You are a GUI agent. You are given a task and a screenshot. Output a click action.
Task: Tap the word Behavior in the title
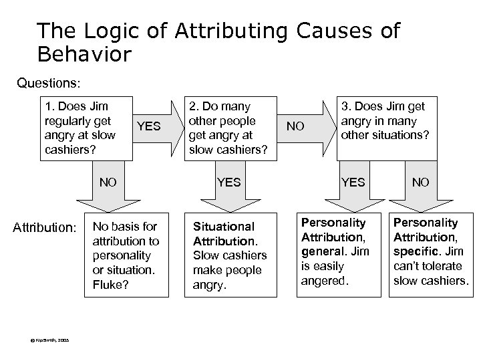86,53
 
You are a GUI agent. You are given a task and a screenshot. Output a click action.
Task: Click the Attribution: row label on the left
45,228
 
